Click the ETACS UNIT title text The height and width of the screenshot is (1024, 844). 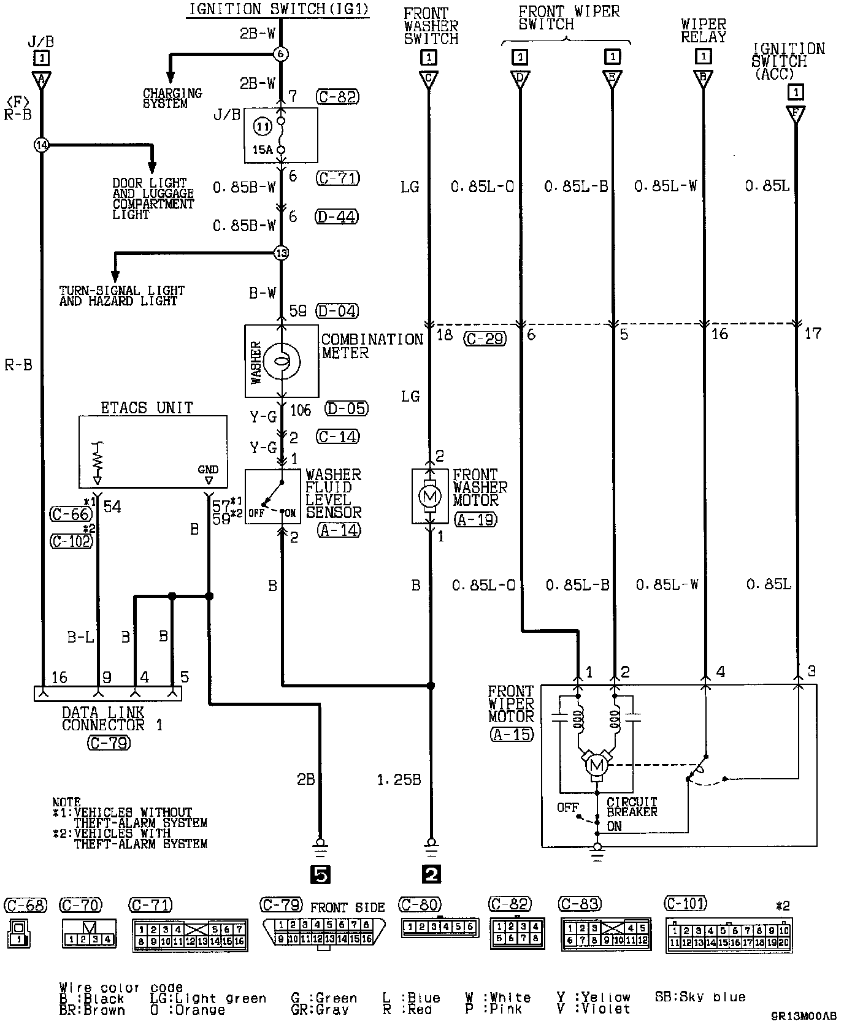(x=147, y=408)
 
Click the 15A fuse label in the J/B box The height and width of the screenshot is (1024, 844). (x=263, y=149)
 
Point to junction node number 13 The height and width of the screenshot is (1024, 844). (x=281, y=253)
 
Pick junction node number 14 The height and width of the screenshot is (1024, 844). (x=41, y=145)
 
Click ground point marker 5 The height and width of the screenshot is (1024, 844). (x=320, y=874)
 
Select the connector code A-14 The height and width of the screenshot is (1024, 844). (x=339, y=530)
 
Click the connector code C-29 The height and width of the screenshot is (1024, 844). (x=485, y=338)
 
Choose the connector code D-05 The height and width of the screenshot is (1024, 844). (x=347, y=408)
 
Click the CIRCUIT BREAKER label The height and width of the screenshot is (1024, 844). (x=632, y=807)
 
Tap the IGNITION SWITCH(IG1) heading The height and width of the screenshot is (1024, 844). (x=278, y=9)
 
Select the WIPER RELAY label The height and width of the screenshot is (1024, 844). (x=703, y=31)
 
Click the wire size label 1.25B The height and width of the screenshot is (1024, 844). (x=399, y=780)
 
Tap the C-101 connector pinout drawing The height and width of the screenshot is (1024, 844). (x=728, y=935)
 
